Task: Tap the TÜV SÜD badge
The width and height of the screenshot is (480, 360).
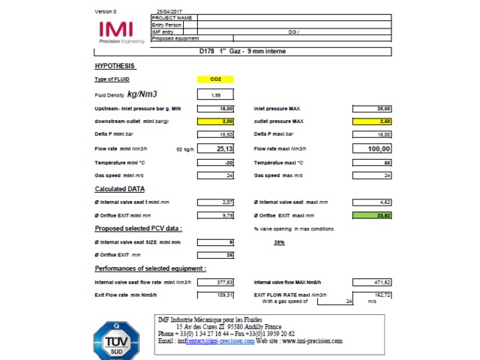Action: tap(115, 340)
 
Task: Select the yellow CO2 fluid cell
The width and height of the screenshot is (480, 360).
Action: tap(215, 79)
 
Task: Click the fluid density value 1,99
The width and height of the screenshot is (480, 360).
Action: tap(216, 95)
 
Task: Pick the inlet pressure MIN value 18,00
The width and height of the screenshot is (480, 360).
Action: tap(216, 109)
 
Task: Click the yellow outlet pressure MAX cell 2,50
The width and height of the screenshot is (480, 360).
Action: tap(373, 121)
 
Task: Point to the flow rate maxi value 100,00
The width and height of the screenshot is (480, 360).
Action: tap(373, 148)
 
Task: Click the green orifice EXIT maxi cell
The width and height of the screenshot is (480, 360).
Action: tap(373, 215)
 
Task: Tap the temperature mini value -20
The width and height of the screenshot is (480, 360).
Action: tap(216, 162)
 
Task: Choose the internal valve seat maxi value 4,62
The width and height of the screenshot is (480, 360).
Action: tap(373, 202)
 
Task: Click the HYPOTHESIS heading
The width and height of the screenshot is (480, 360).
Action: tap(115, 66)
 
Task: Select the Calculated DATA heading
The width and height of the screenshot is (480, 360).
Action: tap(119, 189)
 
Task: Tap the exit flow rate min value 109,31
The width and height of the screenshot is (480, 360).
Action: tap(216, 295)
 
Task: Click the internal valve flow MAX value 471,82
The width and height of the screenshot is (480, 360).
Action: tap(373, 282)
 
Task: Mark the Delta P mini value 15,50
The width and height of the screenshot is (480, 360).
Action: tap(216, 134)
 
